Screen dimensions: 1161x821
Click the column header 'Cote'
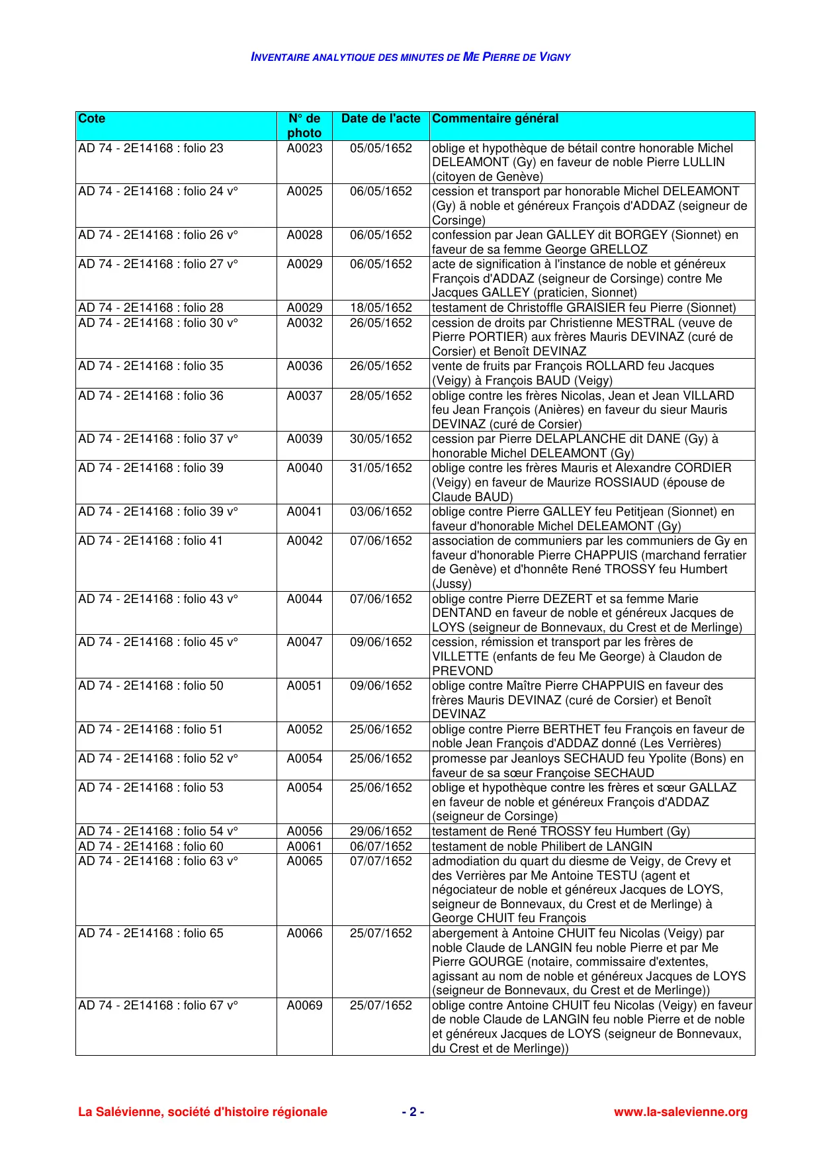pos(92,119)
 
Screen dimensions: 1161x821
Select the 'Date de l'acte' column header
pos(380,119)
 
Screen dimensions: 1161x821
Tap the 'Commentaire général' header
pos(495,119)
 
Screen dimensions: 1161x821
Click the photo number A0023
pos(304,148)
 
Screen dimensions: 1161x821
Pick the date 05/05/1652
pos(380,148)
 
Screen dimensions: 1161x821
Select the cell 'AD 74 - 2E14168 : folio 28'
pos(151,308)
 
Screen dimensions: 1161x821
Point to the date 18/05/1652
pos(380,308)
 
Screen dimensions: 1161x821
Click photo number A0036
pos(304,366)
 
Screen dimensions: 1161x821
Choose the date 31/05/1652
pos(380,468)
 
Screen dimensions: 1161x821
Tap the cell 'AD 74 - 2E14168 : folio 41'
pos(151,541)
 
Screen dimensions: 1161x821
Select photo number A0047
pos(304,642)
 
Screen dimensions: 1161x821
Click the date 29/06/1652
pos(380,831)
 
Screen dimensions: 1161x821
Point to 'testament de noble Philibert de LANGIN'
pos(542,847)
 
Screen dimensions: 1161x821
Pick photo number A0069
pos(304,1005)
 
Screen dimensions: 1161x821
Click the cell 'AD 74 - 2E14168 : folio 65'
pos(151,933)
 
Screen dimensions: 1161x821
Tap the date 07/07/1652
pos(380,861)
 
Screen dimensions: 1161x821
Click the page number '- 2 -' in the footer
pos(413,1112)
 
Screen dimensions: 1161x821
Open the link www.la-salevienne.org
pos(680,1112)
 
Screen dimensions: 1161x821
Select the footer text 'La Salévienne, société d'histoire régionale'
pos(202,1112)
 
